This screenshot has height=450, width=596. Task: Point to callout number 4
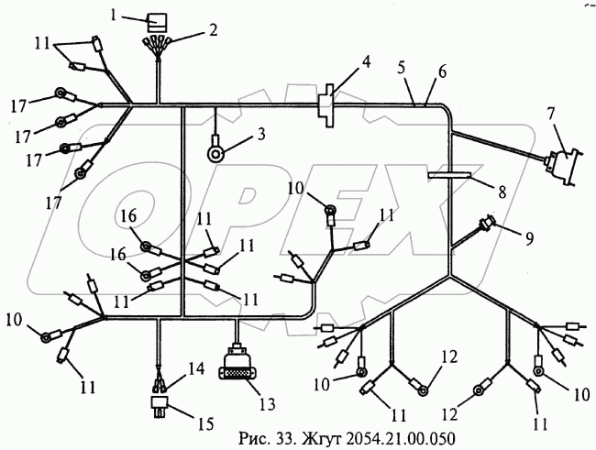coord(366,63)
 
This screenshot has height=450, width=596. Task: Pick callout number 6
coord(442,71)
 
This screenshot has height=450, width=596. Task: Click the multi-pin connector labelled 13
coord(240,368)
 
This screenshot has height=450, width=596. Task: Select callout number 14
coord(196,368)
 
